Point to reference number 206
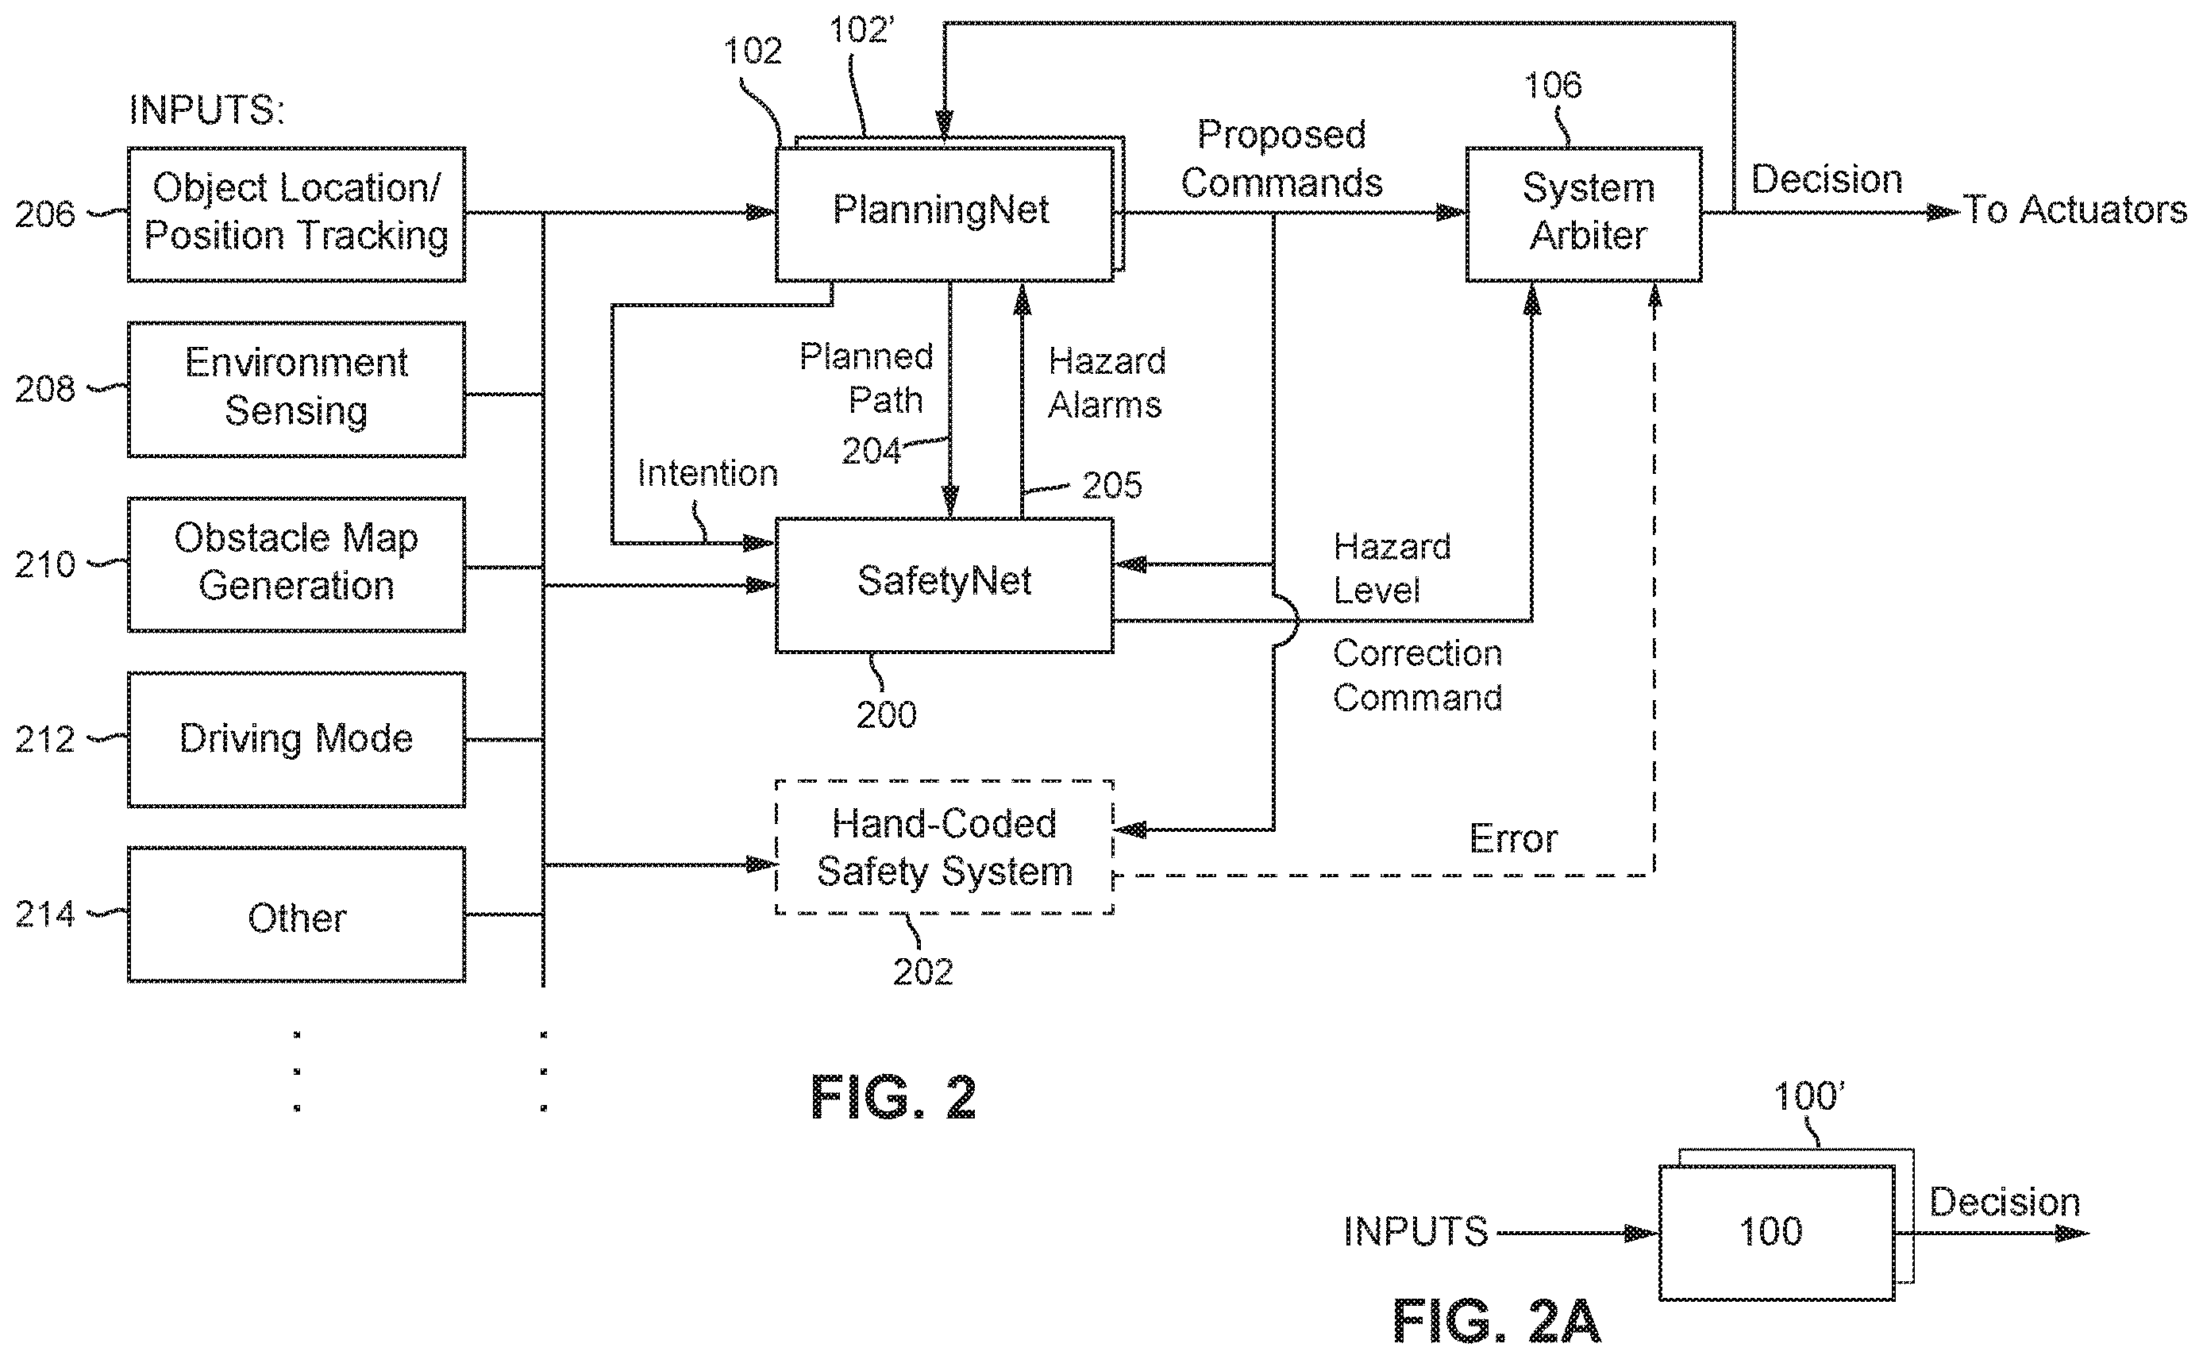[x=45, y=214]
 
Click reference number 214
[x=45, y=914]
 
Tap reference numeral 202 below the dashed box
[x=923, y=972]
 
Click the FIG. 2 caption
[x=893, y=1098]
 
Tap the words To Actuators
[x=2074, y=210]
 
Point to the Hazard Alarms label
[x=1107, y=383]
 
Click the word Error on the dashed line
[x=1514, y=838]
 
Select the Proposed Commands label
[x=1282, y=159]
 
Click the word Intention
[x=707, y=474]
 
